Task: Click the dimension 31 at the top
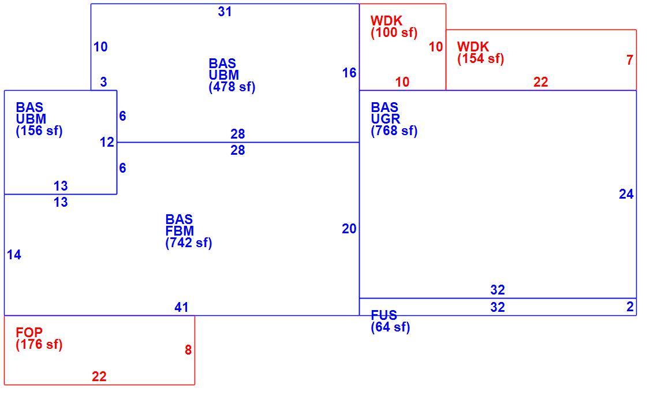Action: click(x=225, y=12)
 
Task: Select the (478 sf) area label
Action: click(x=232, y=87)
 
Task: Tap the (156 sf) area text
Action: click(x=39, y=131)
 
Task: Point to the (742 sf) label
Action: click(x=188, y=243)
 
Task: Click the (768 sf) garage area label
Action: click(x=394, y=131)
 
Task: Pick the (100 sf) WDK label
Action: click(x=394, y=32)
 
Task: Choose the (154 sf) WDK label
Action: click(x=480, y=59)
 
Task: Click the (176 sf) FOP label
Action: click(x=39, y=344)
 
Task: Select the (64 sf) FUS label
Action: click(x=390, y=327)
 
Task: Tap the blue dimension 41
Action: click(x=181, y=307)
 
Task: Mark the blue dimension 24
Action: click(x=626, y=194)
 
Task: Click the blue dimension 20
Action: click(x=349, y=229)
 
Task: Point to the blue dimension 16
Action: click(x=349, y=73)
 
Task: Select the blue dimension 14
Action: click(x=14, y=255)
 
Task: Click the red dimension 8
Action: click(x=188, y=350)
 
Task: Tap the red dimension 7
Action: click(x=629, y=60)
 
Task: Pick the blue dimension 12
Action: click(x=107, y=142)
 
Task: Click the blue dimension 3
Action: click(x=103, y=82)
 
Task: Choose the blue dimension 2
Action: click(x=630, y=307)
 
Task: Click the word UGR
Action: click(x=385, y=119)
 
